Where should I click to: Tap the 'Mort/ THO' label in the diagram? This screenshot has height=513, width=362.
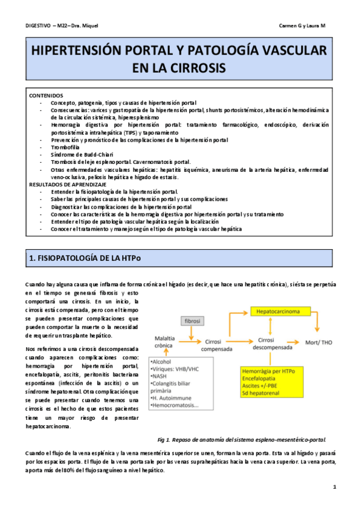pos(320,342)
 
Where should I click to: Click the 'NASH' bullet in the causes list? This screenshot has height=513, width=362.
pos(161,375)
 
